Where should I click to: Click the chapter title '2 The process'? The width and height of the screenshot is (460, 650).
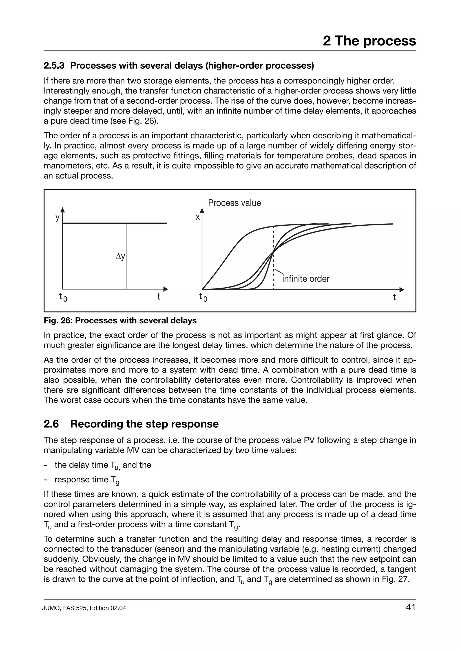pos(369,41)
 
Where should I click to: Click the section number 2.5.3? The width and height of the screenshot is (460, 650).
pos(54,66)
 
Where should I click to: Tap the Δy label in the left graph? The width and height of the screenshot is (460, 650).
pos(120,257)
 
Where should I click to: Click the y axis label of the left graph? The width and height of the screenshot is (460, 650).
pos(57,217)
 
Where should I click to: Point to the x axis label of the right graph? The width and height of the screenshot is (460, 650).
pos(198,217)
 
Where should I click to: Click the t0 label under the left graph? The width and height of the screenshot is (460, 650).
pos(63,297)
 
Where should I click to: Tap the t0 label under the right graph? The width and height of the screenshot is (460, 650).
pos(203,297)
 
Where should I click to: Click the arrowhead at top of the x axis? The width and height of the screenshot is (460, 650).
pos(202,211)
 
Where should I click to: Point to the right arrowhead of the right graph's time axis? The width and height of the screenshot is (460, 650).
pos(402,290)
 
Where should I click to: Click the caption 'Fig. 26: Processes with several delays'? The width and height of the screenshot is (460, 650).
pos(120,321)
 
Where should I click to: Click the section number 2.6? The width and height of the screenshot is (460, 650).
pos(51,424)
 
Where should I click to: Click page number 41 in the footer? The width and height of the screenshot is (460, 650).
pos(411,607)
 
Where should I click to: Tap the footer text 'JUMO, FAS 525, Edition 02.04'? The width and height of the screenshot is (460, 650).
pos(84,608)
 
